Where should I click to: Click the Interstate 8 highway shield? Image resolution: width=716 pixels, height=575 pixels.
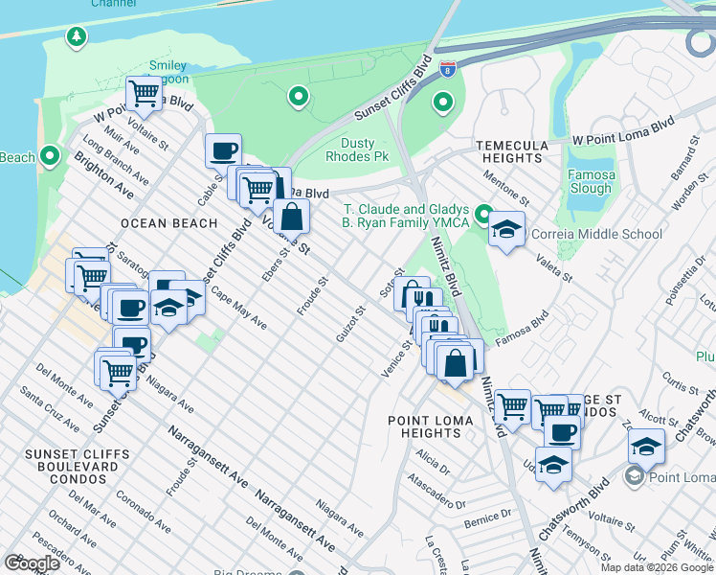pos(449,69)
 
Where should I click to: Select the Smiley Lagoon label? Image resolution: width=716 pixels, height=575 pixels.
pos(168,73)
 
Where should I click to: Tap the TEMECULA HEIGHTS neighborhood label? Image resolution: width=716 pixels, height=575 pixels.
pos(513,151)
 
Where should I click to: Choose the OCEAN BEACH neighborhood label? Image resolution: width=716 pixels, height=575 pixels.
pos(165,222)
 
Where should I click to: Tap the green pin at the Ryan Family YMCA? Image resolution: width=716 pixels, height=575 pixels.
pos(484,215)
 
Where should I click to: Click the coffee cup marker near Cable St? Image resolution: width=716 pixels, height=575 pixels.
pos(223,150)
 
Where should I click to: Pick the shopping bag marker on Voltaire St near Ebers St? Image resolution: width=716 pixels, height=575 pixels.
pos(291,218)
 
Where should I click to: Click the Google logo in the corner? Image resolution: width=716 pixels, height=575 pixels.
pos(32,563)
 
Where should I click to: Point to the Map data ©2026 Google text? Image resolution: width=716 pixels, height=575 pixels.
pos(657,567)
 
